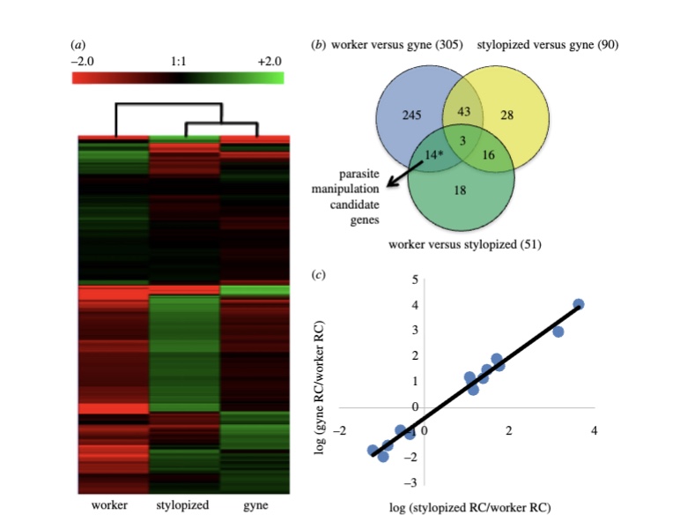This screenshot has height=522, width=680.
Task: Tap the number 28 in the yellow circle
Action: tap(506, 115)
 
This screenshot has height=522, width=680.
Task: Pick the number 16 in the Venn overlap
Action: tap(489, 153)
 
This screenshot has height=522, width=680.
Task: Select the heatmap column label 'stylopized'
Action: tap(182, 505)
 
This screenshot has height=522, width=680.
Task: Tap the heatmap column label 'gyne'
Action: tap(255, 505)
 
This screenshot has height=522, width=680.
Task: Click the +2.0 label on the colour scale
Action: tap(270, 61)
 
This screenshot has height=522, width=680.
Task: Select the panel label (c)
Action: tap(319, 274)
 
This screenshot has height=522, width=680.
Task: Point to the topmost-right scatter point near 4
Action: tap(579, 304)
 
